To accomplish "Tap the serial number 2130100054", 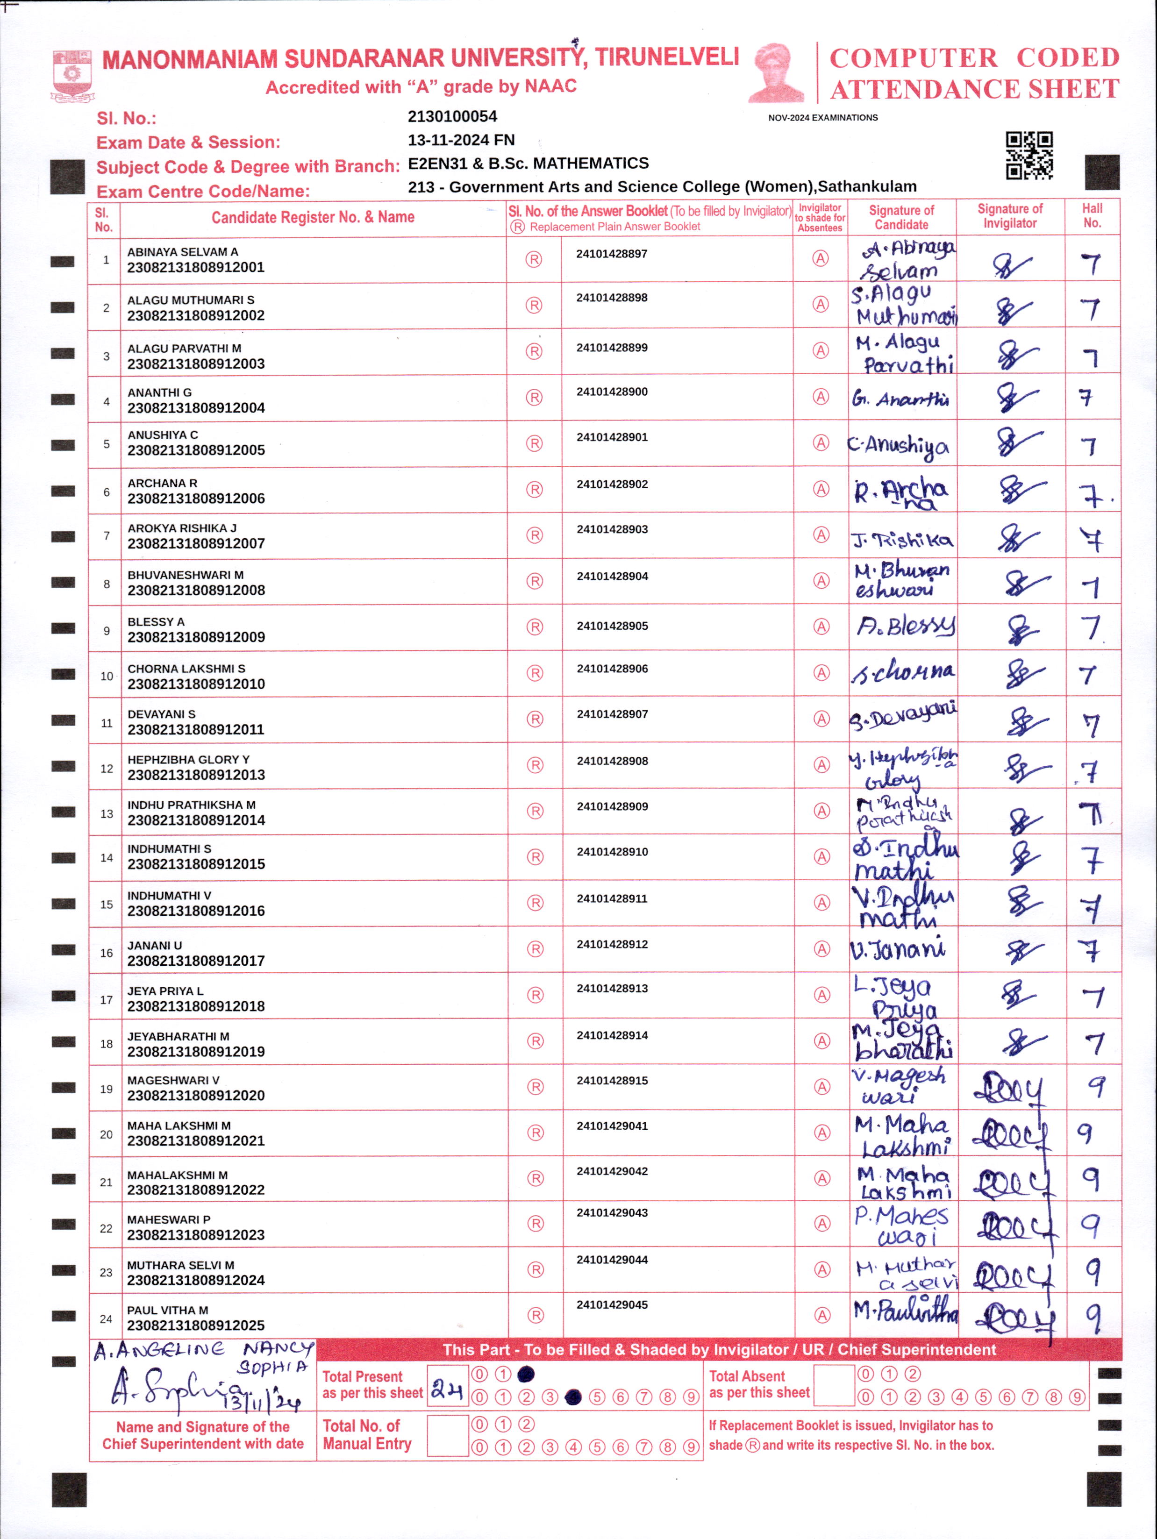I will (452, 116).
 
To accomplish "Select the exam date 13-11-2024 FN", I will (461, 140).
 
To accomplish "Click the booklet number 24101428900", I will (612, 392).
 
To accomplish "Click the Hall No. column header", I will (1092, 216).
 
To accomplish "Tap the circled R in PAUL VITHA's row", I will (535, 1315).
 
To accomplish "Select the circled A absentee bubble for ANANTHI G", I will (821, 397).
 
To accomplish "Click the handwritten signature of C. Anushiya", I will (900, 445).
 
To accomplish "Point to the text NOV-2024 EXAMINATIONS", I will (822, 118).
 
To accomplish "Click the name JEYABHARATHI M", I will (178, 1036).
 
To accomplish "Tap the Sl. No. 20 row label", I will (106, 1134).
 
